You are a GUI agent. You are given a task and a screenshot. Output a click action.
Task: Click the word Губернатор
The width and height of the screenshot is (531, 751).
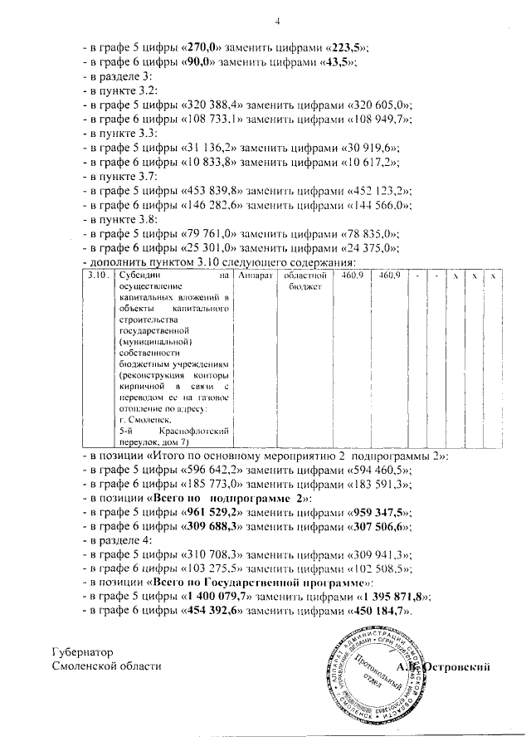pos(81,652)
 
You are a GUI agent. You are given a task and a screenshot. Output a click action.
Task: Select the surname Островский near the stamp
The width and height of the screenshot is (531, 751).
pos(457,666)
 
